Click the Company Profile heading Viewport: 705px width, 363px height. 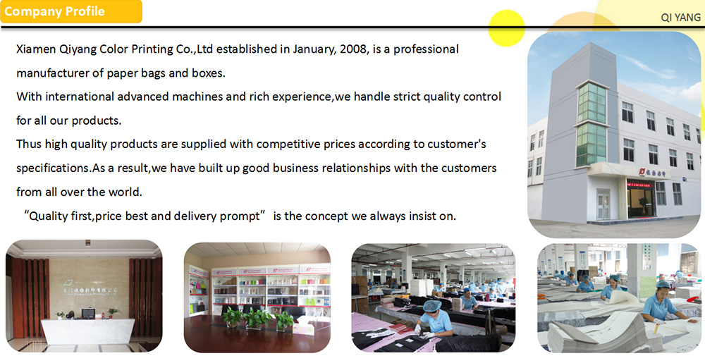tap(54, 11)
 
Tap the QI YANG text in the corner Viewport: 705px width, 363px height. tap(681, 18)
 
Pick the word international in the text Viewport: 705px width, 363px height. tap(80, 97)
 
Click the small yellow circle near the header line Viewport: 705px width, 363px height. tap(506, 28)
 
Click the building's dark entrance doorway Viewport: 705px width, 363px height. tap(640, 202)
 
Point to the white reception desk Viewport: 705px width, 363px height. tap(87, 331)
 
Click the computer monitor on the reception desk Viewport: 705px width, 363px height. tap(88, 313)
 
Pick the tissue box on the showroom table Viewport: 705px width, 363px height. tap(303, 326)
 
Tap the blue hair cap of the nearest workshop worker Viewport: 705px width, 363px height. tap(432, 306)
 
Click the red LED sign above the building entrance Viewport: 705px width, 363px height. tap(639, 183)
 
